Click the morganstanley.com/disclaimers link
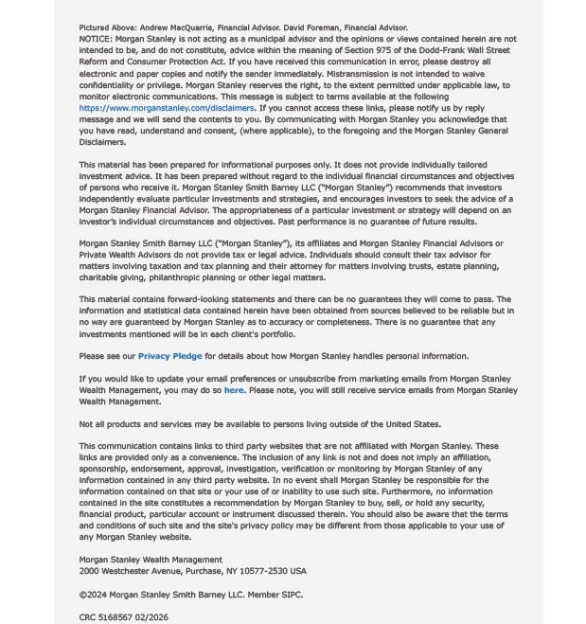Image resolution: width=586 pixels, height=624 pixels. click(x=167, y=108)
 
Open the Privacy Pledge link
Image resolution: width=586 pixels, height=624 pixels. click(x=169, y=356)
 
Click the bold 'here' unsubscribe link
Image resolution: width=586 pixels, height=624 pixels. click(x=234, y=390)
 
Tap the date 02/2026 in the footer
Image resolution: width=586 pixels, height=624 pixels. click(x=151, y=617)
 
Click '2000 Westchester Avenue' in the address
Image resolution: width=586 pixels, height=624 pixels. click(x=126, y=571)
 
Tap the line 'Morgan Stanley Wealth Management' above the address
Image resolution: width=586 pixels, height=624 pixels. click(x=151, y=560)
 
